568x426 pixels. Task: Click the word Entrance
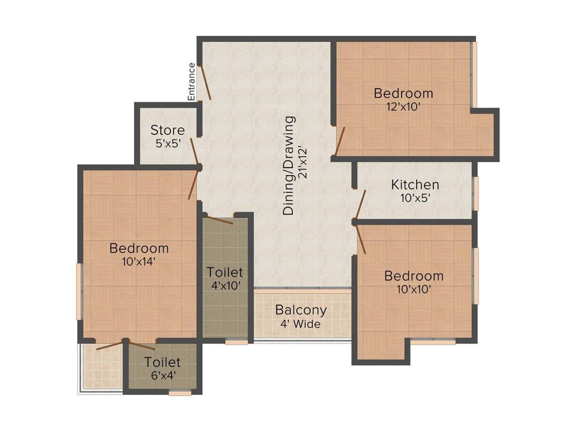click(191, 82)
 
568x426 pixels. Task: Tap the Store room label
click(168, 130)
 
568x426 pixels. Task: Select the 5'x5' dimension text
click(168, 143)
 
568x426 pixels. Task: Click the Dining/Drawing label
click(289, 165)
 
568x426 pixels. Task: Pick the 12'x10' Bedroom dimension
click(403, 106)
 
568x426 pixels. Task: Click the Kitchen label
click(415, 185)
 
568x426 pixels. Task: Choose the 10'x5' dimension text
click(415, 197)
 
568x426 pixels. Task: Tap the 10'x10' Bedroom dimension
click(414, 289)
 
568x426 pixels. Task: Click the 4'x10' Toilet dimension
click(225, 286)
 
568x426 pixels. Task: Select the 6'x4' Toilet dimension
click(163, 376)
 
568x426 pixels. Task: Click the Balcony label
click(301, 310)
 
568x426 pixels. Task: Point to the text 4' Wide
click(301, 324)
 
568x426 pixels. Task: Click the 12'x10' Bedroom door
click(340, 141)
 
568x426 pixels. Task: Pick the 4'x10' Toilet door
click(219, 219)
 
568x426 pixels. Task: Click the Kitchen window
click(475, 194)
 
